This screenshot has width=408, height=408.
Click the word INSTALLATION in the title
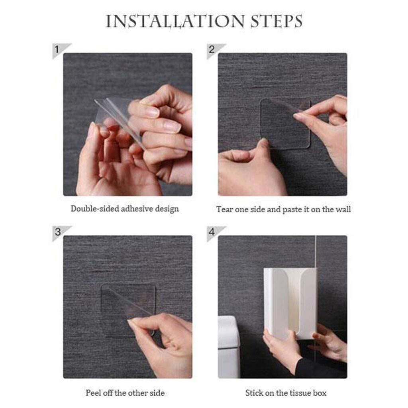click(175, 21)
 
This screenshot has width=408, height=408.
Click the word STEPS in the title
click(277, 21)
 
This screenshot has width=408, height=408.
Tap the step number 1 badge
click(61, 50)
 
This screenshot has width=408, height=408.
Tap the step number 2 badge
click(215, 50)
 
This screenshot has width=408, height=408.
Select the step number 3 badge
click(61, 233)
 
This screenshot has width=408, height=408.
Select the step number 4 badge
click(215, 233)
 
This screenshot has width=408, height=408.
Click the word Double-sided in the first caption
click(95, 209)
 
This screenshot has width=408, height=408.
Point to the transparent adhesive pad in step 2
click(285, 124)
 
